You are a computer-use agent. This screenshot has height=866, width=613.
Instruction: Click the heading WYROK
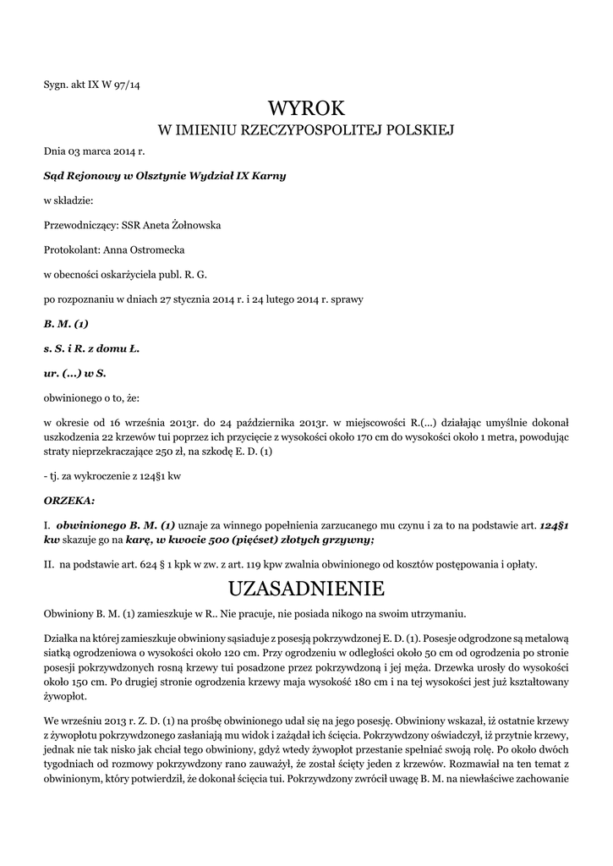tap(306, 107)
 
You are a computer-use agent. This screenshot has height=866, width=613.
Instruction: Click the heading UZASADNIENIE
tap(306, 587)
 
